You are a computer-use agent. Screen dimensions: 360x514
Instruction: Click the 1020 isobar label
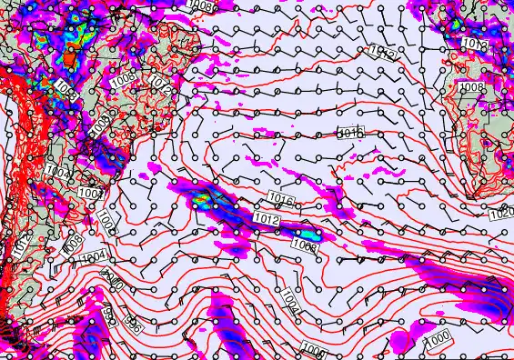pos(500,215)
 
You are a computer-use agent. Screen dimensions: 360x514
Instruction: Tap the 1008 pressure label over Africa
pos(470,87)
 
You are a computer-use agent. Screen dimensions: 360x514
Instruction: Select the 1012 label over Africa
pos(474,44)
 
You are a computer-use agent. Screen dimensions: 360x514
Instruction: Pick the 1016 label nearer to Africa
pos(350,134)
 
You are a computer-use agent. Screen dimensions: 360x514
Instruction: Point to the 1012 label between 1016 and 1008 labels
pos(267,219)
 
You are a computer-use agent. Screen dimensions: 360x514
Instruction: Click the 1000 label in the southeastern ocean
pos(438,337)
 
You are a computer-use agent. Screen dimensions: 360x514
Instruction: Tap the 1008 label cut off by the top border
pos(202,5)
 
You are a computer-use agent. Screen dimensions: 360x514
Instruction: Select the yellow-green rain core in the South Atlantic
pos(202,200)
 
